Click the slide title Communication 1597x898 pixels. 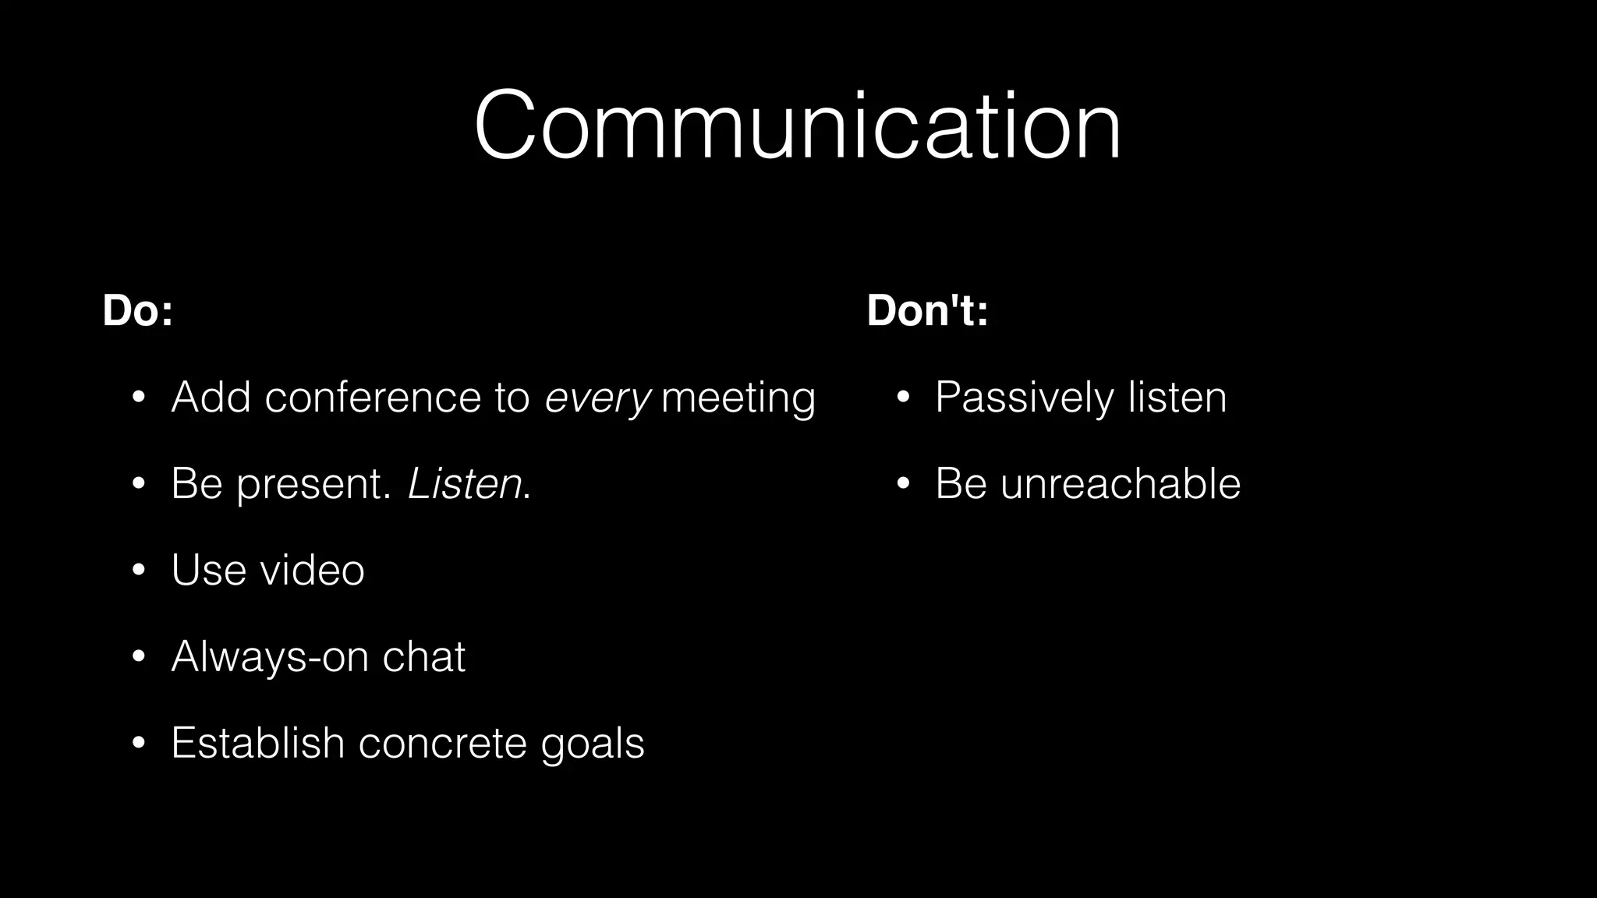(x=797, y=126)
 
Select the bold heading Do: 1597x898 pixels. (x=137, y=310)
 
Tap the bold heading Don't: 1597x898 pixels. (x=927, y=310)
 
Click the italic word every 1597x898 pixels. (x=597, y=398)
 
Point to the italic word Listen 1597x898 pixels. (x=465, y=484)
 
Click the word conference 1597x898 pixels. (x=373, y=398)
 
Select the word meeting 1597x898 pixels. (x=738, y=398)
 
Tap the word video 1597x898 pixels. (x=312, y=570)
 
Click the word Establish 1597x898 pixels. (x=258, y=742)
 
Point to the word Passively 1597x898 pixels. (x=1025, y=398)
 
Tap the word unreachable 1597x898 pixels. (x=1120, y=484)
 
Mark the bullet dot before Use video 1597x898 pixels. (x=139, y=571)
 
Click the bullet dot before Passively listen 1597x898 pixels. (x=903, y=398)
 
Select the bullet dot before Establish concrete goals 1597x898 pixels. (x=139, y=743)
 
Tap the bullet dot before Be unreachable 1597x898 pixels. (x=903, y=484)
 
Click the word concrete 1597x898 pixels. (x=442, y=743)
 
